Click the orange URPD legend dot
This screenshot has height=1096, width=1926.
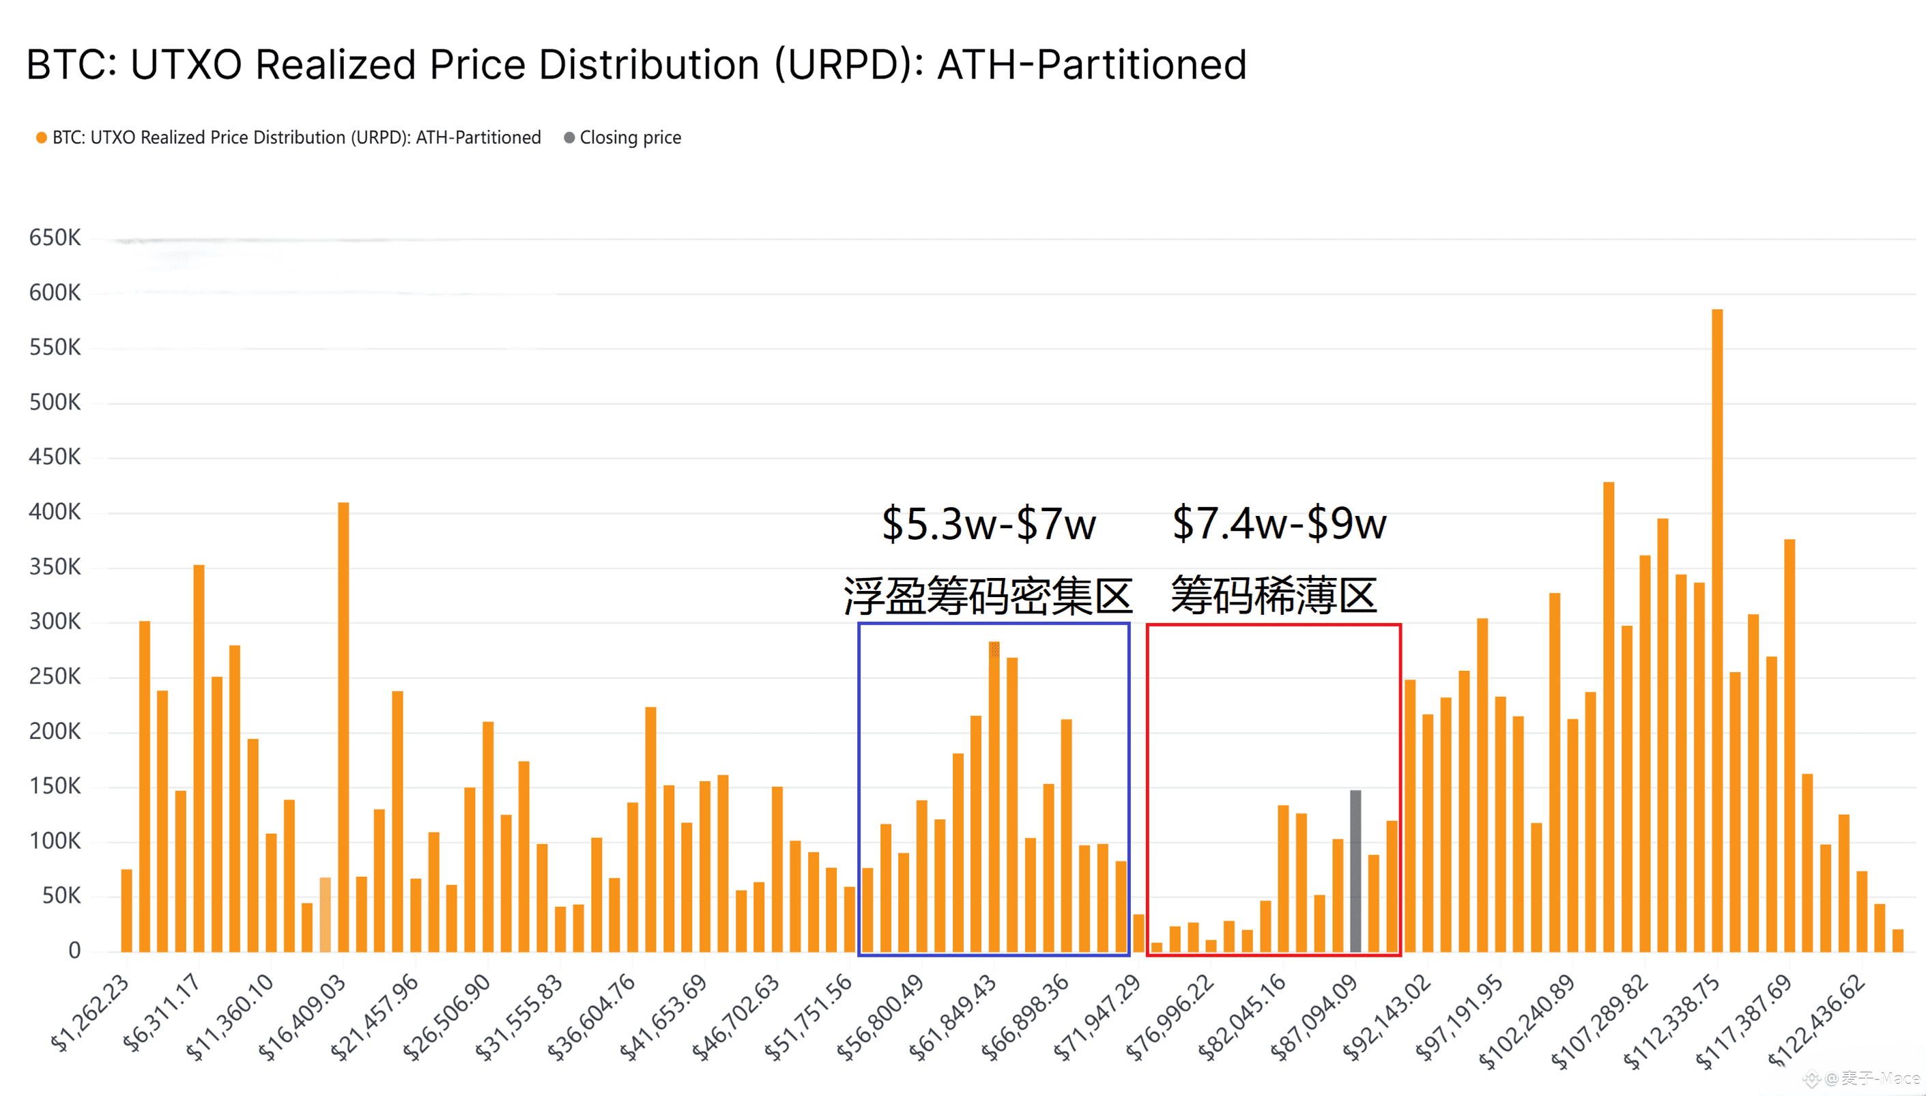click(42, 138)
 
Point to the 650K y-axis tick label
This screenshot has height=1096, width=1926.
click(54, 238)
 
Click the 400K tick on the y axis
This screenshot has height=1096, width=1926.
click(54, 512)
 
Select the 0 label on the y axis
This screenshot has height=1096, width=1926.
click(74, 950)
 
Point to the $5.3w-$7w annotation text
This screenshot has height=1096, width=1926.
click(988, 524)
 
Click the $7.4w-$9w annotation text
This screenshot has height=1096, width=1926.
click(1279, 523)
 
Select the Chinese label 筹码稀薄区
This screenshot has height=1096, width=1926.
click(1274, 594)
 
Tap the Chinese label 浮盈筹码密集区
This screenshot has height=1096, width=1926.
click(988, 596)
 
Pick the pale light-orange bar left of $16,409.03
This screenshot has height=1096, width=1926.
click(325, 914)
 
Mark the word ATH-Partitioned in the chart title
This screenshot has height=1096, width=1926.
click(1091, 65)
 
